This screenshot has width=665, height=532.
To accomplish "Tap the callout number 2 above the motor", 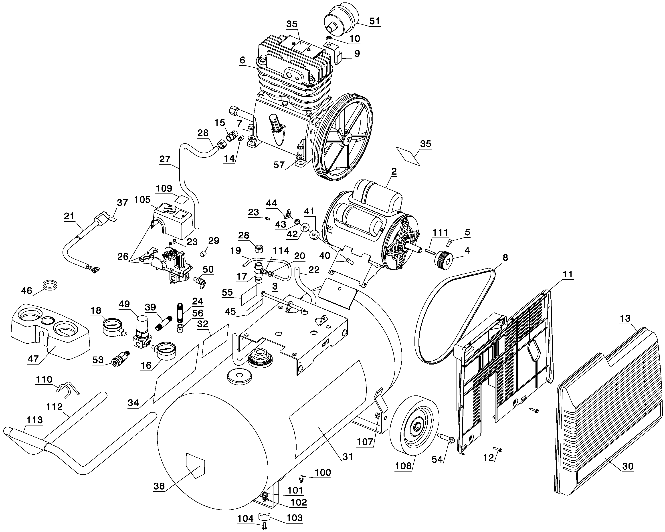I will click(x=394, y=171).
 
